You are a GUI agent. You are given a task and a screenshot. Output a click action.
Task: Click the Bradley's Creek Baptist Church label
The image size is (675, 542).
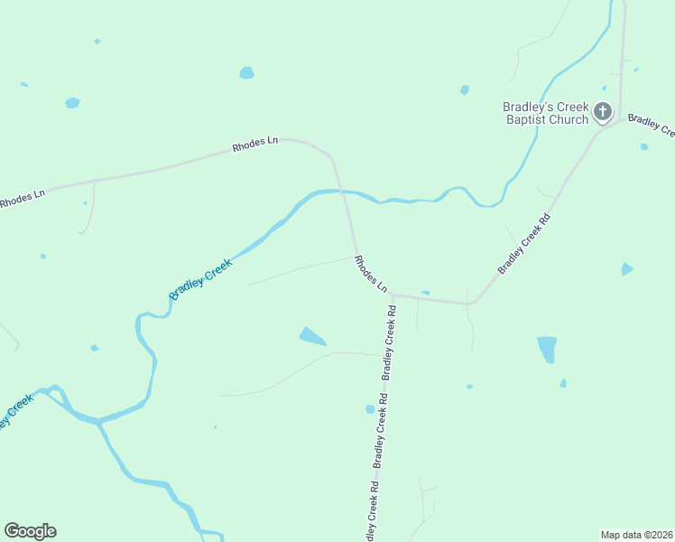point(545,113)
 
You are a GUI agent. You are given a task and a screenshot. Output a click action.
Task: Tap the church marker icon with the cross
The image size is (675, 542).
point(603,113)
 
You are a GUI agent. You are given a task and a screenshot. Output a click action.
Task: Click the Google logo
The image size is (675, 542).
point(30,531)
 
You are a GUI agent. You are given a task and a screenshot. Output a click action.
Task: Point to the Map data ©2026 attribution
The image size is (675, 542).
point(636,535)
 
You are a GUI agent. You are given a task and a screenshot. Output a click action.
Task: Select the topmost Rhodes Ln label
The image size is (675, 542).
point(255,144)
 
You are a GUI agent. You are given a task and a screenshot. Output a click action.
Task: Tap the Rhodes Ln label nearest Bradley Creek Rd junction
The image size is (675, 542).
point(371,275)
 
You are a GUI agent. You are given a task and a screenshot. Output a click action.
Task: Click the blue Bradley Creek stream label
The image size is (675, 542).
point(200,279)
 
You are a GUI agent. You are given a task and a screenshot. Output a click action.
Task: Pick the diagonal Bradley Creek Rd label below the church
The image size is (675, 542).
point(524,245)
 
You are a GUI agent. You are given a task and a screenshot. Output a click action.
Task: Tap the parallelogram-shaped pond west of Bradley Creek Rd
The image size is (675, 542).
point(312,337)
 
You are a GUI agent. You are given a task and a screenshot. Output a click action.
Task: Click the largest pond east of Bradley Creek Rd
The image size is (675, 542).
point(547,349)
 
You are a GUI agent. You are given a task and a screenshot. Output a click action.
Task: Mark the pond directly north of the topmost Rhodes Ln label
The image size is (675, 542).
point(246,72)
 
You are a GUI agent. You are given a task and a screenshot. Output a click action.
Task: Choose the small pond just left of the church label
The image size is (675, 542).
point(465,89)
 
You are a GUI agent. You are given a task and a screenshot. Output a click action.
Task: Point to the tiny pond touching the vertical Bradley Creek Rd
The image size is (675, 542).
point(370,409)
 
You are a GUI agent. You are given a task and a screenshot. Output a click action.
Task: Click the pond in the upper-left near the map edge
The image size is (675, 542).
point(72,103)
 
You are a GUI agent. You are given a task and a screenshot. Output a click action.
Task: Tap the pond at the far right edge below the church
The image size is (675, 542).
point(627,269)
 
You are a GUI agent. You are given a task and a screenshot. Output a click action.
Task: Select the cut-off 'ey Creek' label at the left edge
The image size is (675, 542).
point(15,410)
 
